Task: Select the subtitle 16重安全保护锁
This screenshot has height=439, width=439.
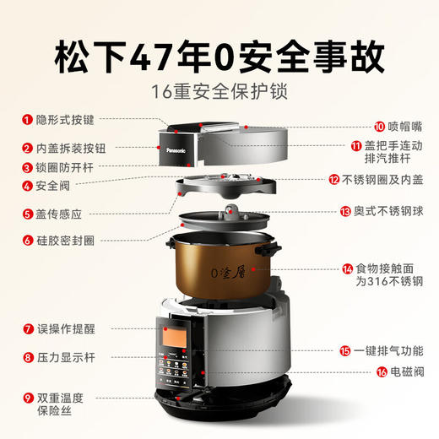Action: (x=219, y=91)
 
